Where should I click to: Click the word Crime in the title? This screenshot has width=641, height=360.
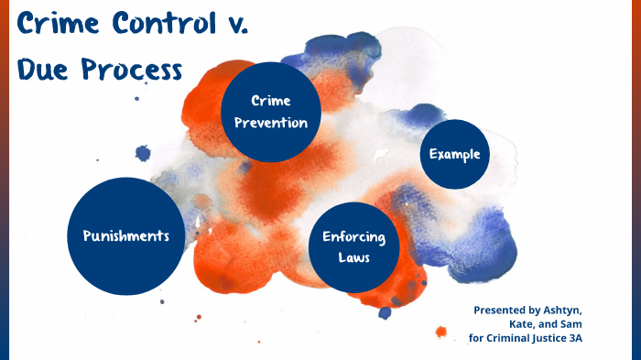pos(56,23)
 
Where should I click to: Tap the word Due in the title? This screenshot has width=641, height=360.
pos(42,70)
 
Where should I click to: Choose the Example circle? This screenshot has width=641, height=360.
pos(455,154)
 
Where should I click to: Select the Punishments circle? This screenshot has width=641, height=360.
pos(125,235)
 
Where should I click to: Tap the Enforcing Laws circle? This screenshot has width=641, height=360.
pos(353,247)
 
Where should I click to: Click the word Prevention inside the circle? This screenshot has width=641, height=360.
pos(271,123)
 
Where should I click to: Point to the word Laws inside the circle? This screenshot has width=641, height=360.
pos(353,257)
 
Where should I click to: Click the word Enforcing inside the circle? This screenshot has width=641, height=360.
pos(353,237)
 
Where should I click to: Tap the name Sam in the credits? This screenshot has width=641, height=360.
pos(570,324)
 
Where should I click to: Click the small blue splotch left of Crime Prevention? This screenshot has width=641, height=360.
pos(143,153)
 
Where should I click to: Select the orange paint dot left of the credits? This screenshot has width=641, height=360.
pos(440,331)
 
